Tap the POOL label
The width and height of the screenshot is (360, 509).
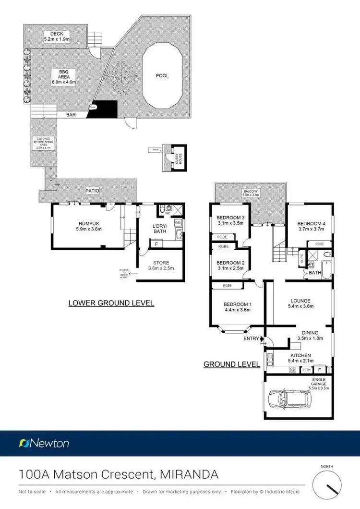[x=162, y=75]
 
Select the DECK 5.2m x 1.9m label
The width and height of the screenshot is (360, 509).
[x=57, y=36]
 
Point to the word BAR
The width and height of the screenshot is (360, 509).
[x=72, y=115]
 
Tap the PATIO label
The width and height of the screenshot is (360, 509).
[x=92, y=191]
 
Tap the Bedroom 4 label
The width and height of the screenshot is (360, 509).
[x=311, y=226]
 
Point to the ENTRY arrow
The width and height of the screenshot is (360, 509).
[x=262, y=339]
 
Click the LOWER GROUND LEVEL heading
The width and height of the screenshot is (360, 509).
[x=111, y=303]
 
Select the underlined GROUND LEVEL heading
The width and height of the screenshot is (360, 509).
[x=232, y=364]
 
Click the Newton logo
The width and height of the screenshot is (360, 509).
[x=44, y=443]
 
